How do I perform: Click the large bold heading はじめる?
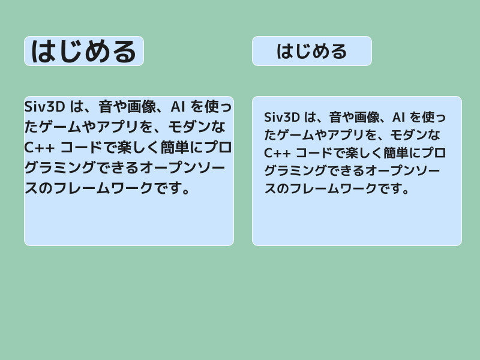83,51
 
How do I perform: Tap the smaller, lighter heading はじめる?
311,51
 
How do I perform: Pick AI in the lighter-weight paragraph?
399,116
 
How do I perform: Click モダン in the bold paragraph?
191,127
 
